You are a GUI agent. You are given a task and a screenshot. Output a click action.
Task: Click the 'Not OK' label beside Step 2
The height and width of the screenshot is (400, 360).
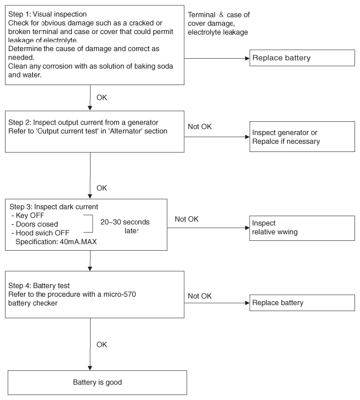click(200, 127)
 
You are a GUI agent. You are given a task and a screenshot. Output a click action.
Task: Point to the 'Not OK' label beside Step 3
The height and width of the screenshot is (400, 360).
click(187, 219)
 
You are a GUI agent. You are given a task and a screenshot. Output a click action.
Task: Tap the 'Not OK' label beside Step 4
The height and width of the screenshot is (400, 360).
click(200, 296)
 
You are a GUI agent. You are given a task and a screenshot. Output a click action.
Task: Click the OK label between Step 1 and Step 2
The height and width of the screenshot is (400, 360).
click(102, 98)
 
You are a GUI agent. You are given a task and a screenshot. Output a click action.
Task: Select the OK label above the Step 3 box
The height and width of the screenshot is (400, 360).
click(102, 188)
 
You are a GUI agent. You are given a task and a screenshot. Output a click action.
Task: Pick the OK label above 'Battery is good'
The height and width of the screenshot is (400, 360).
click(102, 345)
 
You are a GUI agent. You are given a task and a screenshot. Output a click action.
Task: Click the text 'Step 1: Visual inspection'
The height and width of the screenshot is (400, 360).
click(47, 14)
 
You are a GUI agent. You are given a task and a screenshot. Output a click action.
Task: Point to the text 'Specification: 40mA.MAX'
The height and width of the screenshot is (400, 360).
click(56, 241)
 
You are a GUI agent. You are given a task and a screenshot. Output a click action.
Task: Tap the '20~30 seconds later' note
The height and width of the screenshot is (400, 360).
click(125, 226)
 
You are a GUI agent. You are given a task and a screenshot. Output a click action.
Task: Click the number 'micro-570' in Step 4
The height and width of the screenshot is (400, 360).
click(120, 294)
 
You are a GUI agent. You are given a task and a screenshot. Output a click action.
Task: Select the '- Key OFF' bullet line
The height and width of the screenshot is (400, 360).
click(27, 215)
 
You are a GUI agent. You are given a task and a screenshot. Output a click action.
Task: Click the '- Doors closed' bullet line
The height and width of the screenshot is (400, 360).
click(35, 224)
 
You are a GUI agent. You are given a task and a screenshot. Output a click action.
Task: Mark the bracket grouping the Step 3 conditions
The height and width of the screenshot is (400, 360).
click(92, 224)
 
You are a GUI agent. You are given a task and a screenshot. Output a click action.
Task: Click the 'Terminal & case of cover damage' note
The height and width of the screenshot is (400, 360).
click(218, 23)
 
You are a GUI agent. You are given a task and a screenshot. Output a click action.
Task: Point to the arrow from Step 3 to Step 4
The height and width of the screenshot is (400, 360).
click(90, 261)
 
